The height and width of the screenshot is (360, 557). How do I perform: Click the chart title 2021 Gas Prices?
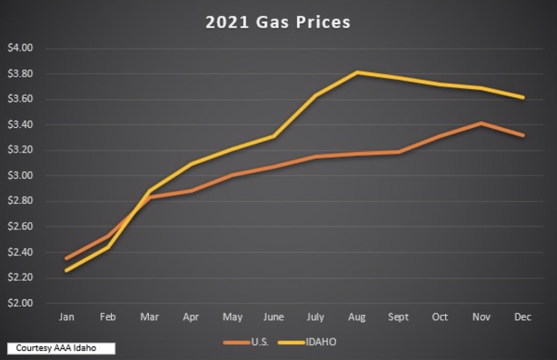[x=278, y=22]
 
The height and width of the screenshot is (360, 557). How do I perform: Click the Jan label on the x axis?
[x=66, y=317]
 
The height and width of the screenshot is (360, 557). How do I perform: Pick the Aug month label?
[x=357, y=317]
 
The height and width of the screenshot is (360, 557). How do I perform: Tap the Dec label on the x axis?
[x=523, y=317]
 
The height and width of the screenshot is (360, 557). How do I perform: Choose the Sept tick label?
[x=399, y=317]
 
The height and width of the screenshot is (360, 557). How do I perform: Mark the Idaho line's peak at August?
[x=357, y=72]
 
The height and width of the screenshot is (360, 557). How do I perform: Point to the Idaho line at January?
[x=66, y=270]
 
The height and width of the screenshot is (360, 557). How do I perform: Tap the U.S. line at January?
[x=66, y=258]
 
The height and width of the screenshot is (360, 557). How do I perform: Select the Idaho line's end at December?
[x=524, y=97]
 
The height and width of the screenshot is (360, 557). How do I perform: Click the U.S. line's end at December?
[x=524, y=135]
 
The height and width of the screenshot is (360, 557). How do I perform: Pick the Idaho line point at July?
[x=316, y=95]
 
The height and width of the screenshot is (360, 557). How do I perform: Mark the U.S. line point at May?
[x=233, y=175]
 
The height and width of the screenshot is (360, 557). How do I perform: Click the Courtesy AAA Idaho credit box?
[x=61, y=348]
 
